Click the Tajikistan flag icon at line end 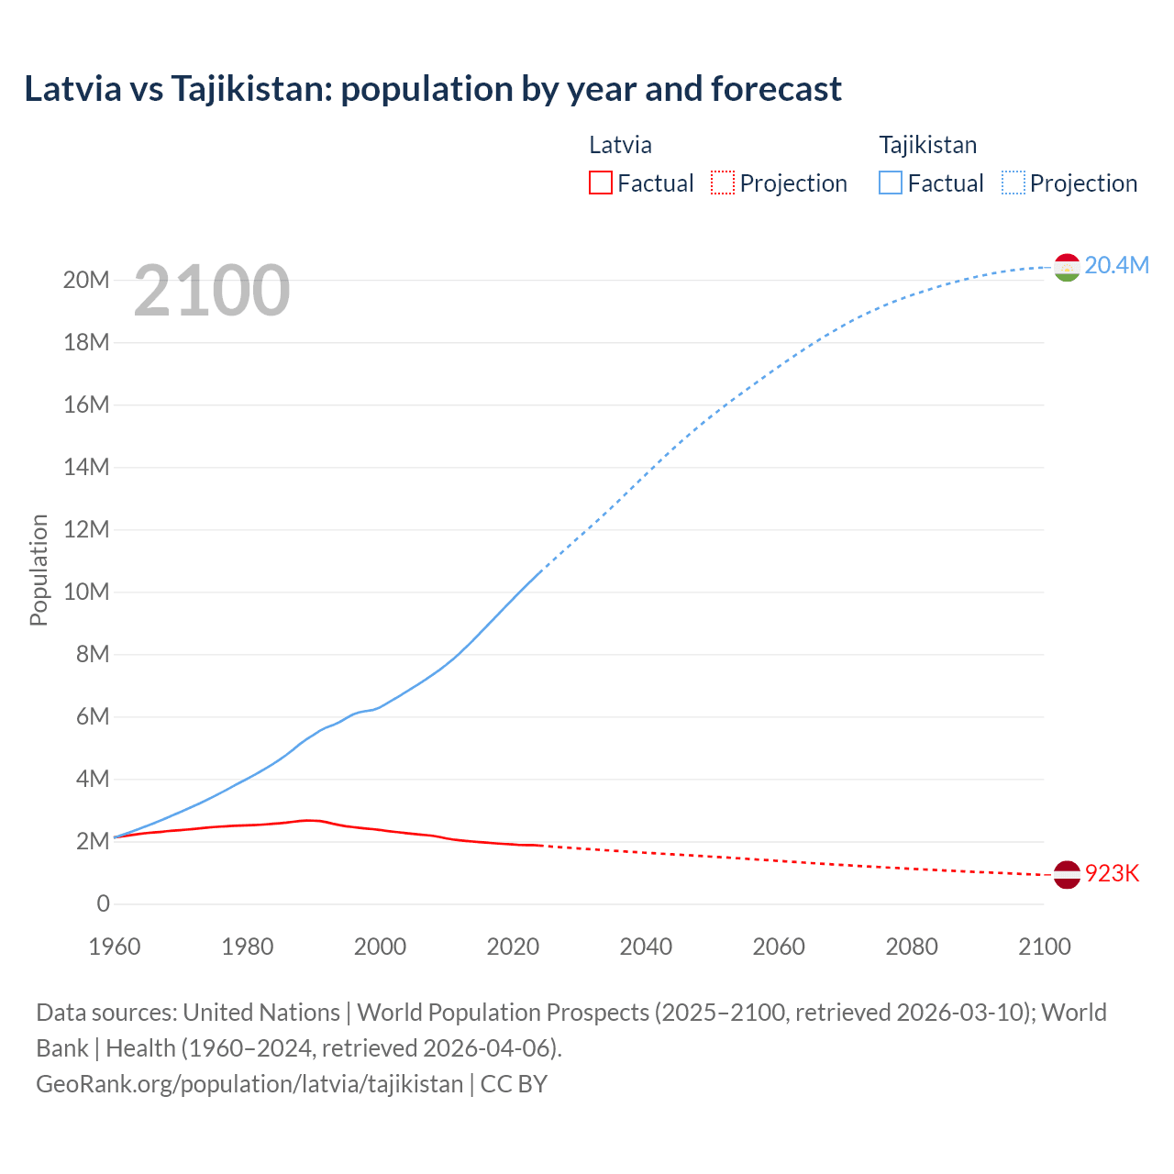tap(1067, 267)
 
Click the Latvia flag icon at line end tap(1067, 874)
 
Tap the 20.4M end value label tap(1116, 265)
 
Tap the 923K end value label tap(1112, 873)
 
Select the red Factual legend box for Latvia tap(600, 183)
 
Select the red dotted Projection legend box tap(723, 183)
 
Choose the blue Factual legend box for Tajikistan tap(891, 183)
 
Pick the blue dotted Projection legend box tap(1013, 183)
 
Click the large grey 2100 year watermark tap(212, 291)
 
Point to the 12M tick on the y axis tap(86, 529)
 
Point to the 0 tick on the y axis tap(103, 903)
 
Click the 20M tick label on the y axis tap(86, 280)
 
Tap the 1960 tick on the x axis tap(115, 946)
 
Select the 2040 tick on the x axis tap(646, 946)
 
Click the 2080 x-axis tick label tap(912, 946)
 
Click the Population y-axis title tap(39, 570)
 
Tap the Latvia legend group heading tap(620, 145)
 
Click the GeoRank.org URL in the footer tap(249, 1083)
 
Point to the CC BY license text tap(514, 1083)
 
